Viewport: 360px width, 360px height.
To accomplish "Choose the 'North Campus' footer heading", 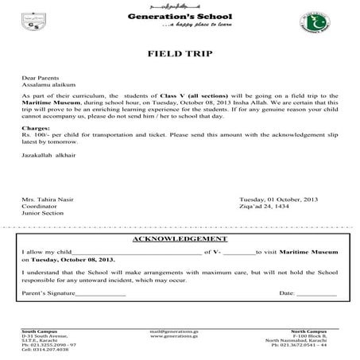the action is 319,328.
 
